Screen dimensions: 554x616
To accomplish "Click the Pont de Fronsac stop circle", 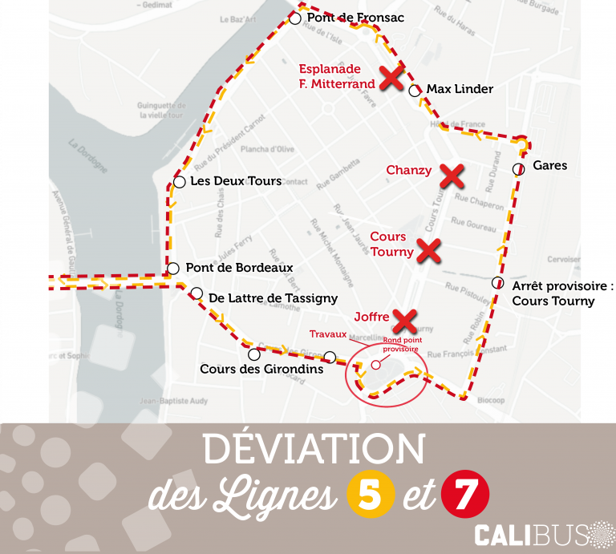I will coord(295,18).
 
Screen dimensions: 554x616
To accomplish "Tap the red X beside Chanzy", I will coord(453,174).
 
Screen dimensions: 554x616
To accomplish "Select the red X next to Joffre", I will coord(406,321).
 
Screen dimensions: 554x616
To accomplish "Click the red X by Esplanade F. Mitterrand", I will coord(391,79).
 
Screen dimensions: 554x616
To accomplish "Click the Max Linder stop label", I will coord(460,89).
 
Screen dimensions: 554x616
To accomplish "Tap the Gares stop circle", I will coord(518,168).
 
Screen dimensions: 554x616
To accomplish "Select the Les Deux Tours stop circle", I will coord(179,182).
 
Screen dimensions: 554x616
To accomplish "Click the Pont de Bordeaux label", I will coord(239,268).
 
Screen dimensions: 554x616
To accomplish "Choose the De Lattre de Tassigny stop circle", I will coord(197,293).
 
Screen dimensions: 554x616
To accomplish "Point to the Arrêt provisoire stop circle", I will coord(497,283).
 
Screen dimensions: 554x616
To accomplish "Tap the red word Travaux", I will coord(328,334).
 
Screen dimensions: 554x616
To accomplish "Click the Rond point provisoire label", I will coord(400,345).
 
